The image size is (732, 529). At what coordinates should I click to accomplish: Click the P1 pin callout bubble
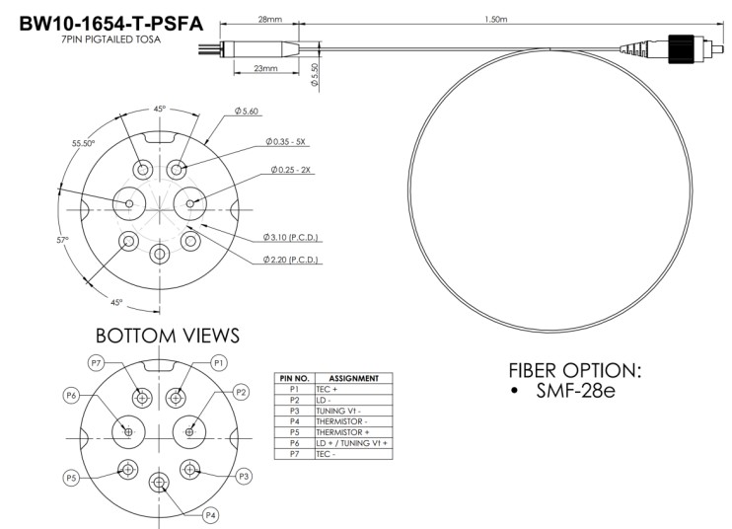pyautogui.click(x=218, y=363)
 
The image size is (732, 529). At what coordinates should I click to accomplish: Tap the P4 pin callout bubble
pyautogui.click(x=210, y=515)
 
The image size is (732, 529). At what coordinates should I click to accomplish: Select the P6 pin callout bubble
pyautogui.click(x=71, y=396)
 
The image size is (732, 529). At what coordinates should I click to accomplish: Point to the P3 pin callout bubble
pyautogui.click(x=244, y=477)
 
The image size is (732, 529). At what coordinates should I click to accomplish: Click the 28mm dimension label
pyautogui.click(x=270, y=19)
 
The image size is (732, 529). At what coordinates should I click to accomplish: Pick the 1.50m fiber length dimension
pyautogui.click(x=496, y=19)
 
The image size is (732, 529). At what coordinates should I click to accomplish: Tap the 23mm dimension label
pyautogui.click(x=265, y=68)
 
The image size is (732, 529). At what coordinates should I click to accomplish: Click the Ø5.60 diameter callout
pyautogui.click(x=246, y=112)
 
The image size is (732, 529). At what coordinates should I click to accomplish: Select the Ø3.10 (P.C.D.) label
pyautogui.click(x=290, y=237)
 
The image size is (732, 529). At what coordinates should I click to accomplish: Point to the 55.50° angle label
pyautogui.click(x=83, y=143)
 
